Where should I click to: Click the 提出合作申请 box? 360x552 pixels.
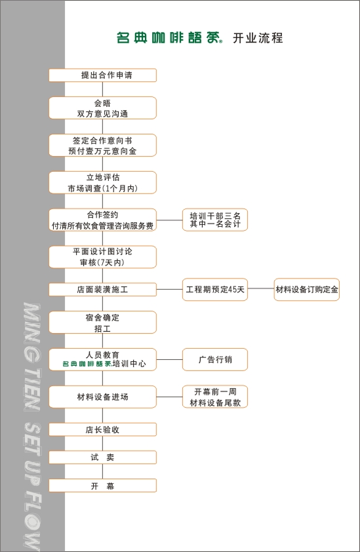click(102, 75)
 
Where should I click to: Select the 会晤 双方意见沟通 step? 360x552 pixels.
click(102, 108)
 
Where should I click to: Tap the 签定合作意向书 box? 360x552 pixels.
click(102, 146)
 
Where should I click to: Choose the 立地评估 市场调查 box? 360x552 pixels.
click(102, 183)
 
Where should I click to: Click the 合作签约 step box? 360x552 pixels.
click(102, 220)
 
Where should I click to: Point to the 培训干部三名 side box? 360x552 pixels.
click(215, 220)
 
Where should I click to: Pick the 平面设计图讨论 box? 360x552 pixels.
click(102, 257)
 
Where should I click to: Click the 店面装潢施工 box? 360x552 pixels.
click(102, 290)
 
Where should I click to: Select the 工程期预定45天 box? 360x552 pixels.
click(215, 290)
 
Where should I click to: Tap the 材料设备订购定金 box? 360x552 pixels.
click(307, 290)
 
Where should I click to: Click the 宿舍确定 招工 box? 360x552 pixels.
click(102, 323)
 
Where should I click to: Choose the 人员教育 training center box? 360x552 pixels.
click(102, 359)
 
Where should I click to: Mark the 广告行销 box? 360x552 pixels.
click(215, 359)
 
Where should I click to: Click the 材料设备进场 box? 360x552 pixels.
click(102, 397)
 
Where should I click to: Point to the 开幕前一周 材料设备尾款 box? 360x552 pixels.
click(215, 397)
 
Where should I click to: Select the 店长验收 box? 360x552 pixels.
click(102, 430)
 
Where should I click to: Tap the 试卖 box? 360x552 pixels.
click(102, 458)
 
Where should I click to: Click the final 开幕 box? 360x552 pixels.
click(102, 486)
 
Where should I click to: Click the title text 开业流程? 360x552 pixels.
click(258, 38)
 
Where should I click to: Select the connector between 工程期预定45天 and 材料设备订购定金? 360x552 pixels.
click(261, 289)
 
